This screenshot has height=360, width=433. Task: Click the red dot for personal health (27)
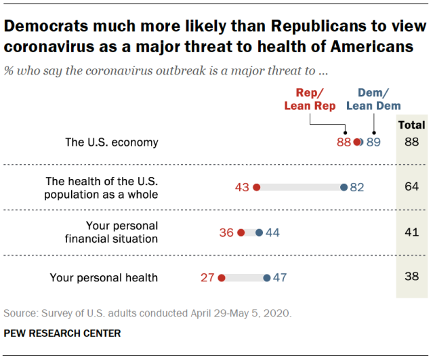(x=221, y=277)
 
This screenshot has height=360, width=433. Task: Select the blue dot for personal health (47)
(x=266, y=277)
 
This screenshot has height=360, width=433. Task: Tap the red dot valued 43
(x=256, y=187)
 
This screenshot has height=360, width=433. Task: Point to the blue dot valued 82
(x=344, y=187)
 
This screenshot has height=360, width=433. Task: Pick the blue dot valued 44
(x=259, y=232)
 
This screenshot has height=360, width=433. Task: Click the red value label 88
(x=344, y=142)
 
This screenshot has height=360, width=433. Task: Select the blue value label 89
(x=374, y=142)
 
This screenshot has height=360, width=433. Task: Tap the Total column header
(x=411, y=125)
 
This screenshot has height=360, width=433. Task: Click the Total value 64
(x=411, y=187)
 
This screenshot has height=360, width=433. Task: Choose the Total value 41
(x=411, y=232)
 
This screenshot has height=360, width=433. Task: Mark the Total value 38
(x=411, y=277)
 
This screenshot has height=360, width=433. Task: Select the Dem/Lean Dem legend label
(x=373, y=99)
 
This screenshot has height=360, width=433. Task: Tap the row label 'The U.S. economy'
(x=111, y=142)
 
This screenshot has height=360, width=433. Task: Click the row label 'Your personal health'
(x=104, y=277)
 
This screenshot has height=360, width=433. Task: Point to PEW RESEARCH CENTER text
(x=62, y=333)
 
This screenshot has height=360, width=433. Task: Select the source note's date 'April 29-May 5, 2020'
(x=236, y=313)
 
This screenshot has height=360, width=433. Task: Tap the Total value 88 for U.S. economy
(x=411, y=142)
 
